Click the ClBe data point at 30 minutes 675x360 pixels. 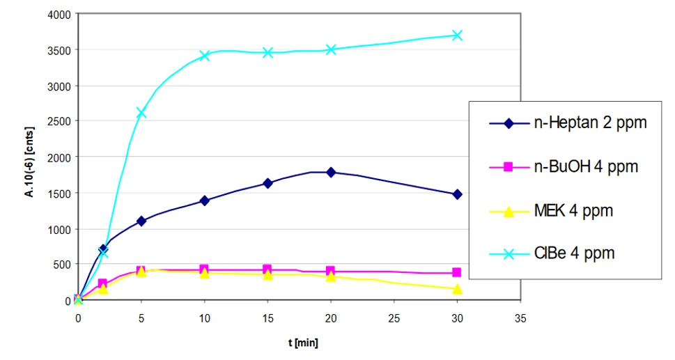457,35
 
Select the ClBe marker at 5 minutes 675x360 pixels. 141,112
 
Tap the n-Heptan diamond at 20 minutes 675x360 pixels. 331,172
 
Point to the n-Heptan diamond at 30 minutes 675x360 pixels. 457,194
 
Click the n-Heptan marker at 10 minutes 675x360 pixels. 204,201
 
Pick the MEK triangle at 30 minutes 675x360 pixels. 457,288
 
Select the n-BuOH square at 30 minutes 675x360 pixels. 457,273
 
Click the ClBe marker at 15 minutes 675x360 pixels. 267,52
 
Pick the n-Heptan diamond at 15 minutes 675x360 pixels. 267,184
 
